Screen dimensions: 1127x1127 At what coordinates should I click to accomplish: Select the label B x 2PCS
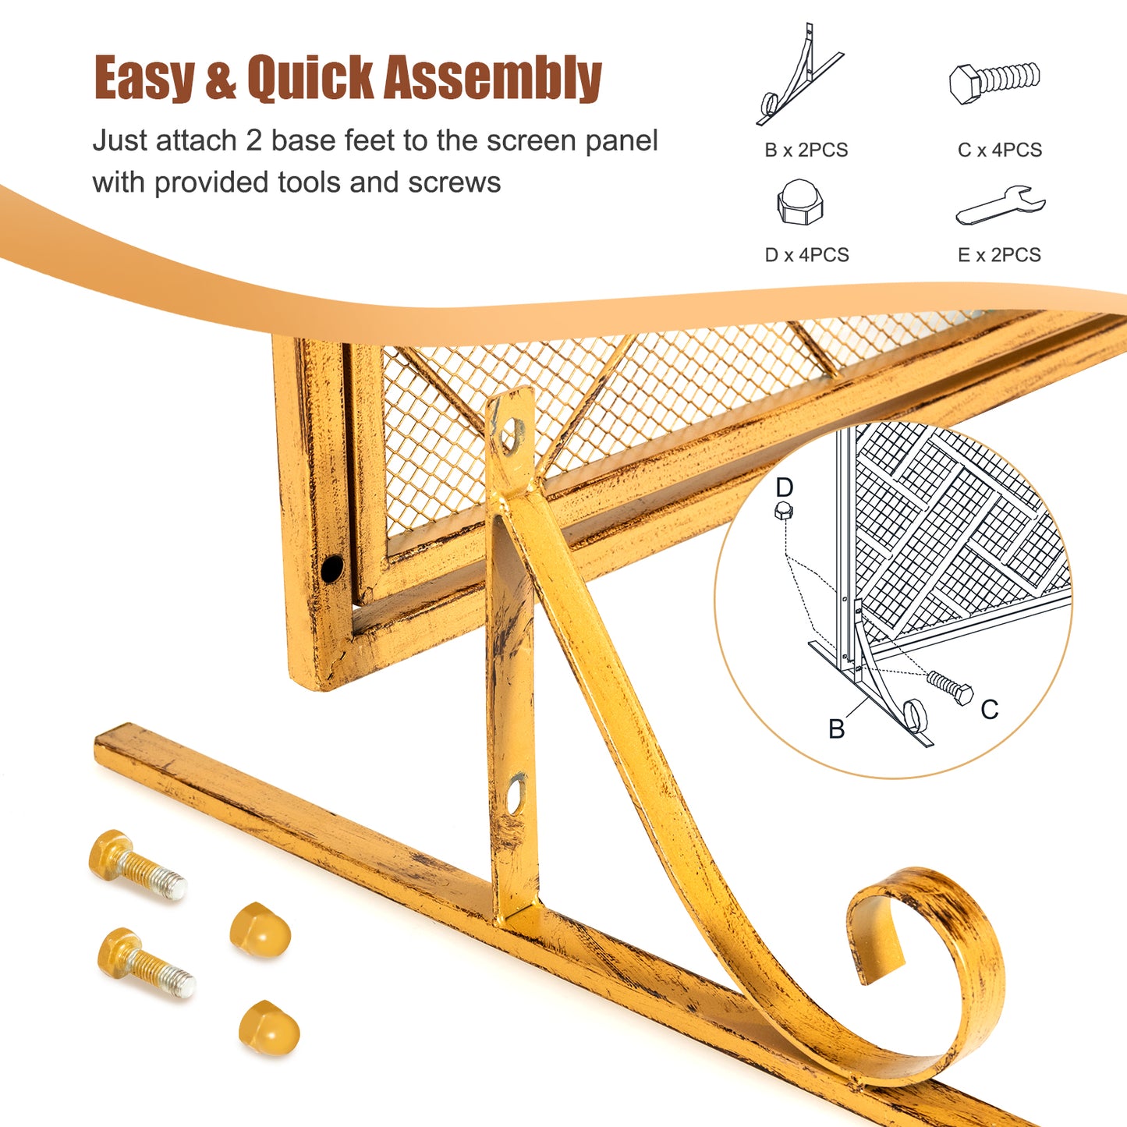[x=806, y=151]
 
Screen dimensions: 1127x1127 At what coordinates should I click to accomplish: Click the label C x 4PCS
[x=1000, y=151]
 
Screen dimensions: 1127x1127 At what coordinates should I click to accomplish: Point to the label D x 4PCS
[x=806, y=255]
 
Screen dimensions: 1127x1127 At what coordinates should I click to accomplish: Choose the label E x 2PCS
[x=1000, y=255]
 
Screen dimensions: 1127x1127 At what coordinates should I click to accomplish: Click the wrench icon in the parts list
[x=1001, y=205]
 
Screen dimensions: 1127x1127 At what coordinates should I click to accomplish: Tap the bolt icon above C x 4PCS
[x=995, y=83]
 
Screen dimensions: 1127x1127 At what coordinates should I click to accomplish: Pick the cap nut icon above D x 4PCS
[x=800, y=202]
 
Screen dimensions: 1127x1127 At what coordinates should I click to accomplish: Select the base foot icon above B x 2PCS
[x=799, y=75]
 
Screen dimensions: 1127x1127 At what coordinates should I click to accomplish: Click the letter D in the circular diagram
[x=785, y=487]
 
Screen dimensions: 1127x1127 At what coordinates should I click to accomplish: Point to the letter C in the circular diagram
[x=990, y=710]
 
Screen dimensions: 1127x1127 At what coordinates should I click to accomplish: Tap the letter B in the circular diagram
[x=837, y=728]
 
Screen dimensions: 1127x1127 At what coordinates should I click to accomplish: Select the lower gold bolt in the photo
[x=146, y=963]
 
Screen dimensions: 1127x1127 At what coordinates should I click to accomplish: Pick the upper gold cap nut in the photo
[x=260, y=930]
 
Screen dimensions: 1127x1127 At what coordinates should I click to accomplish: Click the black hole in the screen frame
[x=332, y=568]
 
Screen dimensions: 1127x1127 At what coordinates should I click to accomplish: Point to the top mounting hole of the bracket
[x=512, y=433]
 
